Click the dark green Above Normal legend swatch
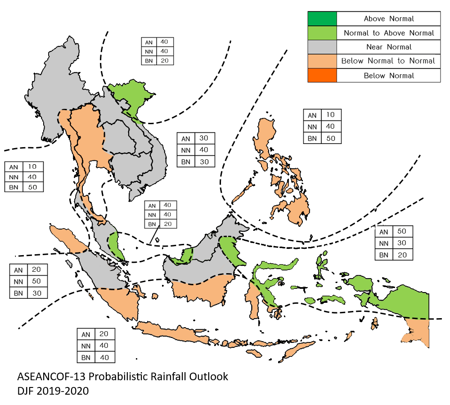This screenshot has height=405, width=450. (322, 19)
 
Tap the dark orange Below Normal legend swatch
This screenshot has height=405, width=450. (322, 75)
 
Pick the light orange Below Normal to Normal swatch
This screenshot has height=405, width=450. (322, 61)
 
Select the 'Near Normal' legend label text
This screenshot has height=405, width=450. (388, 47)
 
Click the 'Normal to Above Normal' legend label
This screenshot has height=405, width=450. (388, 33)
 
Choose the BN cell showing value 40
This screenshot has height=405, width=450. (104, 357)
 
